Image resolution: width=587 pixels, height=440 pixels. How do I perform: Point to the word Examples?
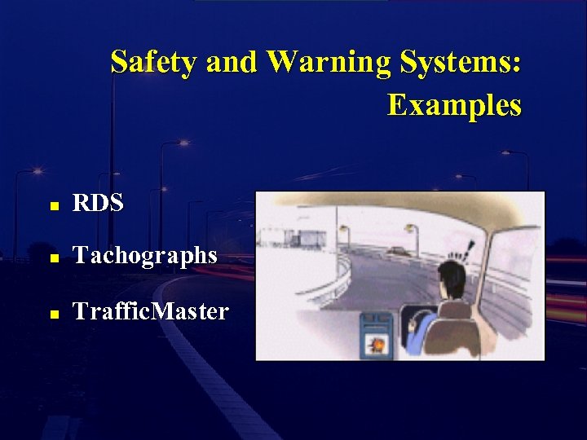(454, 105)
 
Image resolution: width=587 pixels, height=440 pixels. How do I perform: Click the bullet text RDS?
(99, 204)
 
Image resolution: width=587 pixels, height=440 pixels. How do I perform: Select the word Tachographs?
(145, 256)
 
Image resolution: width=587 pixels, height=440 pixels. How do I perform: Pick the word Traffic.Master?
(151, 311)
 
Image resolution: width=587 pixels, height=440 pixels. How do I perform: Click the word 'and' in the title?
(232, 62)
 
